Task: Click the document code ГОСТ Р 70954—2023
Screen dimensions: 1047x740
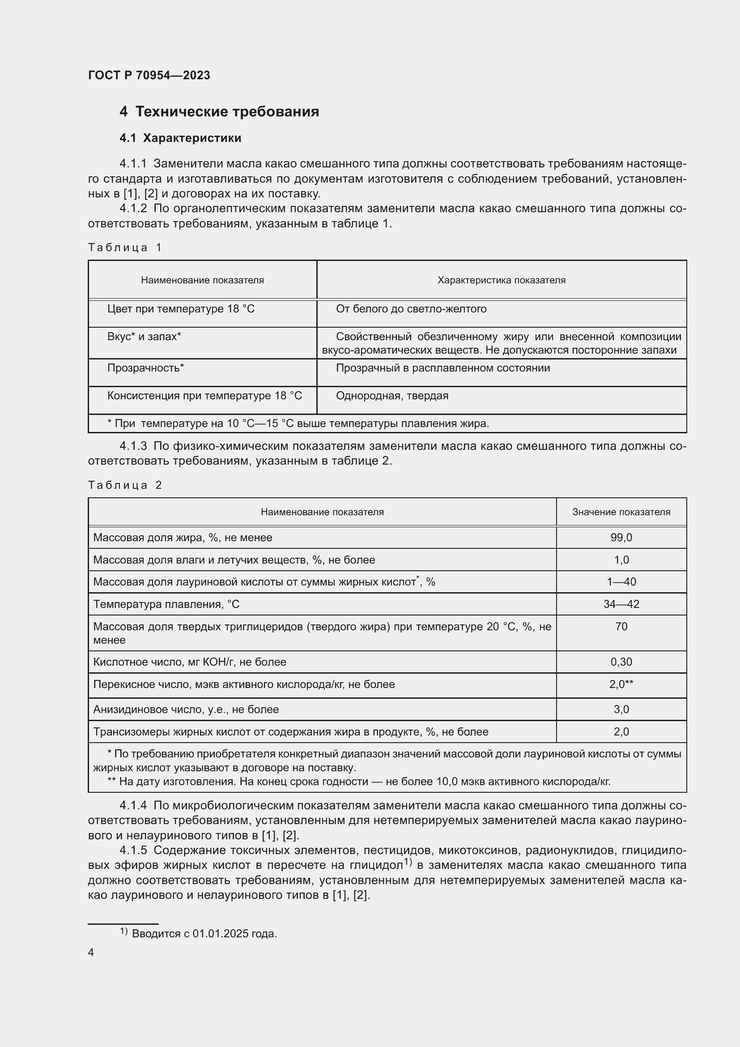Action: click(x=149, y=75)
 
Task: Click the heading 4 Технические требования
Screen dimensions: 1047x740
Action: click(x=219, y=111)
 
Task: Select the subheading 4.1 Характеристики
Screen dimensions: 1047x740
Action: click(x=180, y=138)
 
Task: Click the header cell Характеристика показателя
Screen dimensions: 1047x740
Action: click(x=501, y=280)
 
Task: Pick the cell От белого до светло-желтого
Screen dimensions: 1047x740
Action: click(x=411, y=309)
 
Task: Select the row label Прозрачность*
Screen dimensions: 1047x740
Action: click(x=145, y=368)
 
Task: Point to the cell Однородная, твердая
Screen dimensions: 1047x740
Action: click(x=392, y=395)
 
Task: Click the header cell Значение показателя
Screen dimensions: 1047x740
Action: click(x=621, y=512)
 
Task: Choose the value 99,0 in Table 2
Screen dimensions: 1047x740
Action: click(x=621, y=537)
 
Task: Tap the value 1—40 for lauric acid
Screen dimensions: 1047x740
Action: click(x=621, y=581)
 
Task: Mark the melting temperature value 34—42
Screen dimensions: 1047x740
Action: click(x=621, y=604)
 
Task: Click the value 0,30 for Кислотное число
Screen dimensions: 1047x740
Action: click(x=621, y=662)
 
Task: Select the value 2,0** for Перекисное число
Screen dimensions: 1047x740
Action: click(x=621, y=684)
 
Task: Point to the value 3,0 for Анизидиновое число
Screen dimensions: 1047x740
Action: click(x=621, y=709)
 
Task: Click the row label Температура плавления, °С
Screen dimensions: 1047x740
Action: click(x=166, y=604)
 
